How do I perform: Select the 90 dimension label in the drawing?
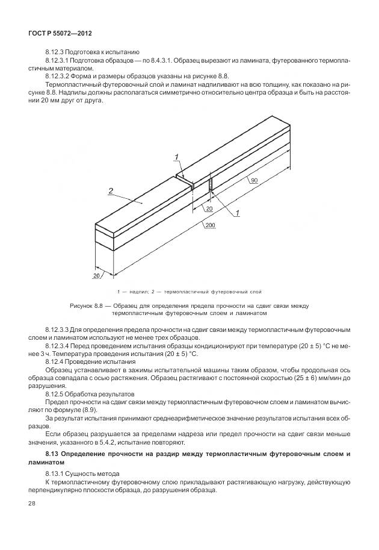[254, 180]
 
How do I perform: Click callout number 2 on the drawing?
[111, 191]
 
